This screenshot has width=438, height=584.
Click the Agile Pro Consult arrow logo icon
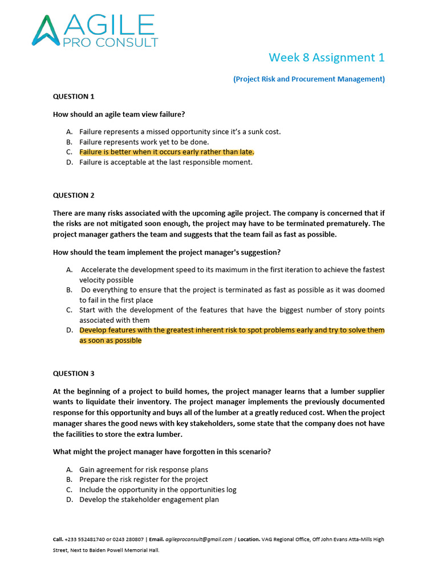46,30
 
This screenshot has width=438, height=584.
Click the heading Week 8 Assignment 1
326,58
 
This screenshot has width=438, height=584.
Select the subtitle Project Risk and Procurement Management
309,79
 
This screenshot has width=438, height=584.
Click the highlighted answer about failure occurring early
167,152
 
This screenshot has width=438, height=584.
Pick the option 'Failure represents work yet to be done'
144,141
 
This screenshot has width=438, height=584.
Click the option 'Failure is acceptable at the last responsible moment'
165,162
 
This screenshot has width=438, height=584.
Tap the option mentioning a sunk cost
180,132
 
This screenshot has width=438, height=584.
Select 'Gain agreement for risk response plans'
144,469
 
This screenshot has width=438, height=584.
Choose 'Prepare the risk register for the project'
144,480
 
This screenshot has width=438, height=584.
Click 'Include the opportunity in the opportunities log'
157,489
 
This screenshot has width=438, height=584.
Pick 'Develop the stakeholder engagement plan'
149,500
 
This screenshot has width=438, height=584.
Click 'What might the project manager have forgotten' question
162,452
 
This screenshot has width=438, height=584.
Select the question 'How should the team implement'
167,252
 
